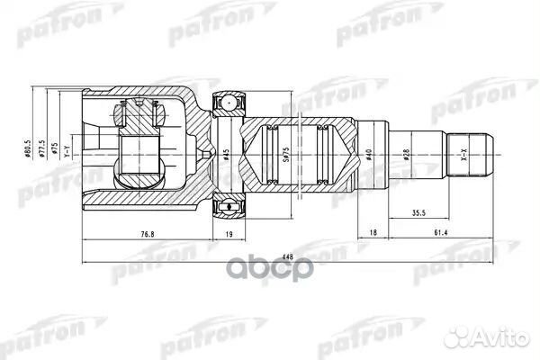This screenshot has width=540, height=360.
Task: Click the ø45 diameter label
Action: [x=227, y=154]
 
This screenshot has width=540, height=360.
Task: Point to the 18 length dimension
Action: [x=373, y=231]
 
